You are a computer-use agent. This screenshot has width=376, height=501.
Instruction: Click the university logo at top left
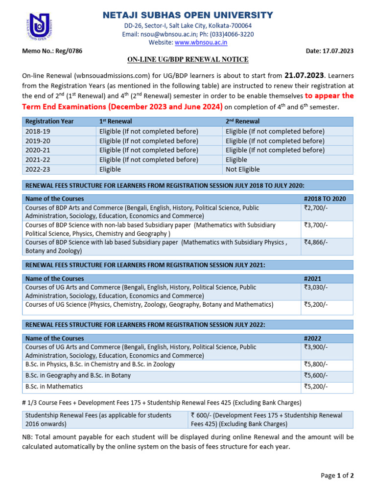pos(38,27)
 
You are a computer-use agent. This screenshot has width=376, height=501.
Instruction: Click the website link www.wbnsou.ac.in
pos(201,43)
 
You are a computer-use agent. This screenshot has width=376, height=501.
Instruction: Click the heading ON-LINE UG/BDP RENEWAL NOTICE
pos(188,60)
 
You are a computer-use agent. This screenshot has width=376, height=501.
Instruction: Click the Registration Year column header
pos(47,121)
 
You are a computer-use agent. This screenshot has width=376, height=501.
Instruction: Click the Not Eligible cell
pos(243,169)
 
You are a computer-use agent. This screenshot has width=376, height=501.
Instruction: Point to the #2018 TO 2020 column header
pos(325,199)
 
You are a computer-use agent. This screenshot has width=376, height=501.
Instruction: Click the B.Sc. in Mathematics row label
pos(54,387)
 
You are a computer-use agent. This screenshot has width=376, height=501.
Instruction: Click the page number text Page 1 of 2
pos(337,475)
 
